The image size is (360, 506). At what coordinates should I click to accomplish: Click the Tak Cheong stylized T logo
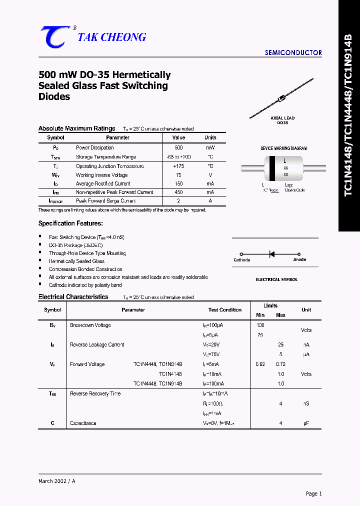tap(55, 37)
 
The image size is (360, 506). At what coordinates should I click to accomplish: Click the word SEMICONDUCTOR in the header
tap(293, 52)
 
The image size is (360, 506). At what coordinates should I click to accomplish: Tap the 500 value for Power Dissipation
tap(178, 147)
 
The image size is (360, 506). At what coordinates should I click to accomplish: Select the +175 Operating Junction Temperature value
tap(178, 166)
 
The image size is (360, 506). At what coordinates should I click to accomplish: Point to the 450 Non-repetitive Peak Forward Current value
tap(178, 192)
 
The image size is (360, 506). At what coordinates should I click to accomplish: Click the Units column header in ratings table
tap(210, 137)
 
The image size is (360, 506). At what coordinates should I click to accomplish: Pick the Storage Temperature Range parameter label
tap(106, 157)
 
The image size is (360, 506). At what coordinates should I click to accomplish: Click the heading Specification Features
tap(70, 223)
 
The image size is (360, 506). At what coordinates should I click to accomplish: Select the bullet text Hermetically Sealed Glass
tap(76, 261)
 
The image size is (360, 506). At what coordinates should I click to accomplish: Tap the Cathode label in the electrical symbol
tap(242, 260)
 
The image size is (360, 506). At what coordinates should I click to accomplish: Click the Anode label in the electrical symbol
tap(299, 260)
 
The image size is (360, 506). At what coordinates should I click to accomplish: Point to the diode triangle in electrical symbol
tap(272, 254)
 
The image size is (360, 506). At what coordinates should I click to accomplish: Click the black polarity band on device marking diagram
tap(271, 168)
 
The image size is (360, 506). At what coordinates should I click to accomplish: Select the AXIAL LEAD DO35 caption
tap(282, 120)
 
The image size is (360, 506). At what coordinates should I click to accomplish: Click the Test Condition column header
tap(225, 309)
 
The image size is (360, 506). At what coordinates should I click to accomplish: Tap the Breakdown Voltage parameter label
tap(90, 325)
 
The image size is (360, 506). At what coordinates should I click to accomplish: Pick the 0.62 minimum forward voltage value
tap(260, 364)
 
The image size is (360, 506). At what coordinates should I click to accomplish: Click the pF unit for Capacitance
tap(306, 423)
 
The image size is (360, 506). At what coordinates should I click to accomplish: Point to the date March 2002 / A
tap(57, 481)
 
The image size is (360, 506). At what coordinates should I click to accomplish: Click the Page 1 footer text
tap(314, 493)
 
